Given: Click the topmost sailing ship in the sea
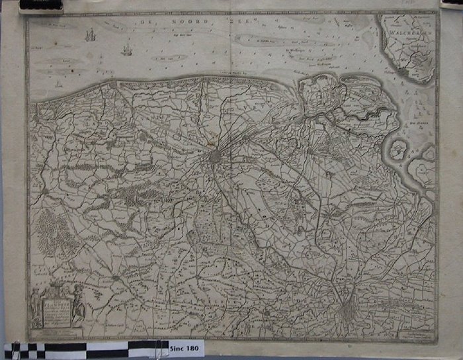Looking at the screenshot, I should (91, 34).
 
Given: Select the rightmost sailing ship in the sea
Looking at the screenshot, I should (127, 50).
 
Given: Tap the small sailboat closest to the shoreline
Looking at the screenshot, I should (58, 84).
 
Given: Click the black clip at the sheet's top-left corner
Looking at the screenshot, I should (41, 7).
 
